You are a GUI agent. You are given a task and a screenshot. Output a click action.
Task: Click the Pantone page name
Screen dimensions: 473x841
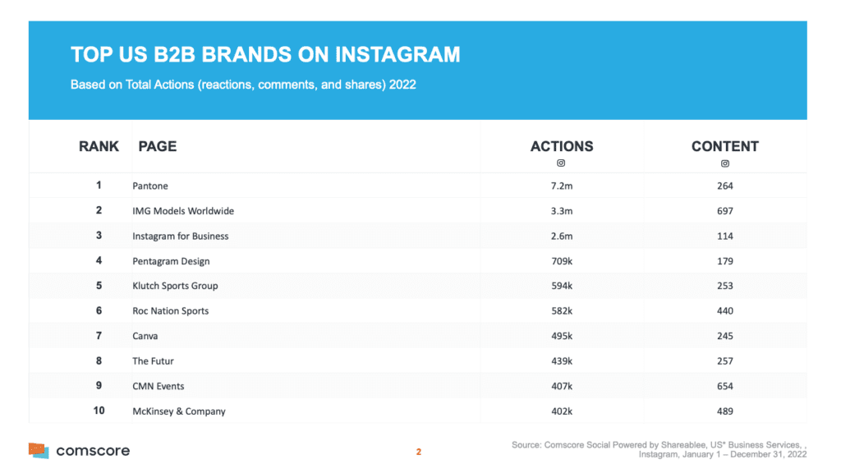[150, 186]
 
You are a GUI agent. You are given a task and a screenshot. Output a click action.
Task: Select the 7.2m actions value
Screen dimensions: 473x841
[562, 186]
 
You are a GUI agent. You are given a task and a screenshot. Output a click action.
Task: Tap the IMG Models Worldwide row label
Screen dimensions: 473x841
[183, 211]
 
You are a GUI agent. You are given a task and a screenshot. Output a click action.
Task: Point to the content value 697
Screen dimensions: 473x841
[724, 211]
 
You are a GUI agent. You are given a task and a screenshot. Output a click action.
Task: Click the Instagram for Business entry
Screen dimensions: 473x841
[181, 236]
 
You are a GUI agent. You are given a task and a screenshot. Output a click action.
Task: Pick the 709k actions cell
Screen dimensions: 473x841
[562, 261]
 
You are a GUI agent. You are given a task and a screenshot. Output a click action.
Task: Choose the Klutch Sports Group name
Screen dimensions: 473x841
[176, 286]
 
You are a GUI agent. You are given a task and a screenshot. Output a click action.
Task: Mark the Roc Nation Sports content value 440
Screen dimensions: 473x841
[724, 311]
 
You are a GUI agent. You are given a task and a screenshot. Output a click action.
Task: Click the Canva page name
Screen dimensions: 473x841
[145, 336]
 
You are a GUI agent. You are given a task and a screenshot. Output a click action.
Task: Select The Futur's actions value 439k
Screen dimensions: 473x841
[562, 361]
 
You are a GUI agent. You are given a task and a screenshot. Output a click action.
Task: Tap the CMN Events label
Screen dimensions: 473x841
[159, 386]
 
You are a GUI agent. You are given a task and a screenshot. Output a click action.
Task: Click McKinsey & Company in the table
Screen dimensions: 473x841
[179, 411]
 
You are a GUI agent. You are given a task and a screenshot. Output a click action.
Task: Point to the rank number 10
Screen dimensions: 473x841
[99, 411]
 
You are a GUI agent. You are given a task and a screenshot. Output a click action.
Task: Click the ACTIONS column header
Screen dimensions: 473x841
[562, 146]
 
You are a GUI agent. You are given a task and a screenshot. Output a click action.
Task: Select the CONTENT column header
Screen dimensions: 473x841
[724, 146]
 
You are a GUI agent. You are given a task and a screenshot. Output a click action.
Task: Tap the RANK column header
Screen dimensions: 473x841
[99, 146]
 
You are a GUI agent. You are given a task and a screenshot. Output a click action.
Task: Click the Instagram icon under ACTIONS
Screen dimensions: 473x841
[562, 163]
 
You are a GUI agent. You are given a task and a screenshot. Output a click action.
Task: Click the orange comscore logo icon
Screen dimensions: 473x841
[39, 450]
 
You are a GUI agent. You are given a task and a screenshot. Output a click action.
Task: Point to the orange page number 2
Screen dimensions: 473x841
[419, 452]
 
